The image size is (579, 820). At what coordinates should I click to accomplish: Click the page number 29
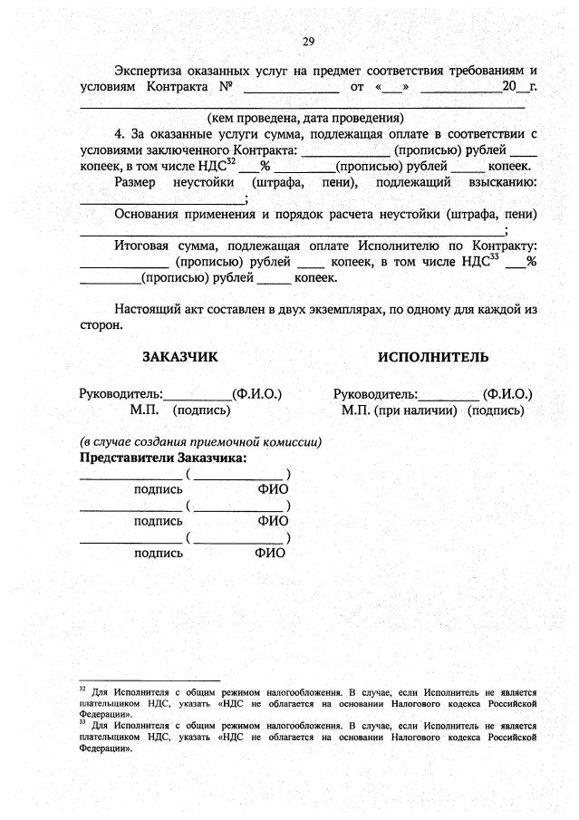pos(308,42)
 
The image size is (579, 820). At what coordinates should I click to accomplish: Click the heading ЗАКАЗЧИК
pos(180,357)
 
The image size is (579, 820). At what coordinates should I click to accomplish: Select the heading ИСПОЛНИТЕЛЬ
pos(433,357)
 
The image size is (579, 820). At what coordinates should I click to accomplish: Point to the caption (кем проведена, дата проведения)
pos(305,118)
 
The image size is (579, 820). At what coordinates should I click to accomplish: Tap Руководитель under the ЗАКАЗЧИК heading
pos(121,394)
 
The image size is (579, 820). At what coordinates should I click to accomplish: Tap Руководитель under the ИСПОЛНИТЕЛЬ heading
pos(374,394)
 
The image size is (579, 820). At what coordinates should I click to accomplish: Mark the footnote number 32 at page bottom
pos(82,689)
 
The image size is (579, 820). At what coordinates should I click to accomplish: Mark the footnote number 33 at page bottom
pos(82,722)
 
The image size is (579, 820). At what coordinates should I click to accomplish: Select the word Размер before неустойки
pos(139,183)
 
